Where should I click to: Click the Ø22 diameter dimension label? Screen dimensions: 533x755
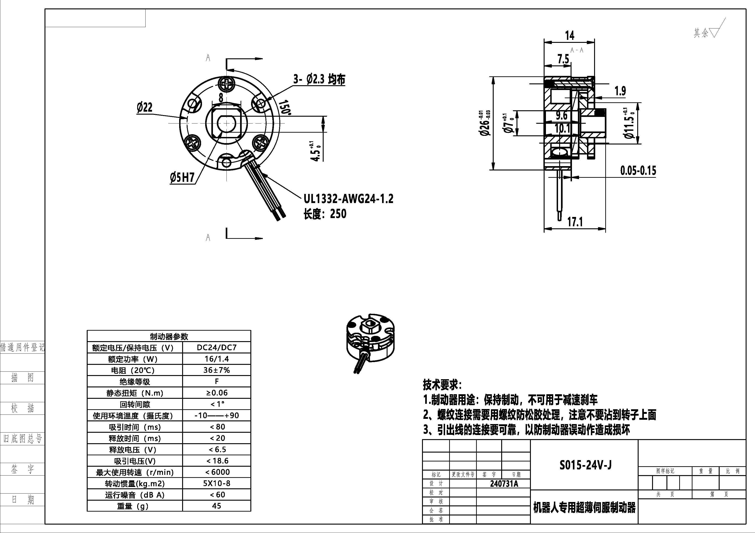(x=145, y=107)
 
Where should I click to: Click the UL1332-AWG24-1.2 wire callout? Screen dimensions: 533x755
(x=348, y=199)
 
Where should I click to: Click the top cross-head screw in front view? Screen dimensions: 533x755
(x=227, y=84)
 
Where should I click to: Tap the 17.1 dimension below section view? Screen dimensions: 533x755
(x=575, y=222)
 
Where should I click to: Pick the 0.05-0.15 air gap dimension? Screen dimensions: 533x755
(x=638, y=171)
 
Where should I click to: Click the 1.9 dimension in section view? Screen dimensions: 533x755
(x=620, y=91)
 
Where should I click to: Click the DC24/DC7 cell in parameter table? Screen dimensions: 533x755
(x=216, y=348)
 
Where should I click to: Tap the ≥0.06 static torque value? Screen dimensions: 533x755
(x=216, y=393)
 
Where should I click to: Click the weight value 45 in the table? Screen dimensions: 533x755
(x=216, y=506)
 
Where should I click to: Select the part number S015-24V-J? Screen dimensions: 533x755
(x=585, y=465)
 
